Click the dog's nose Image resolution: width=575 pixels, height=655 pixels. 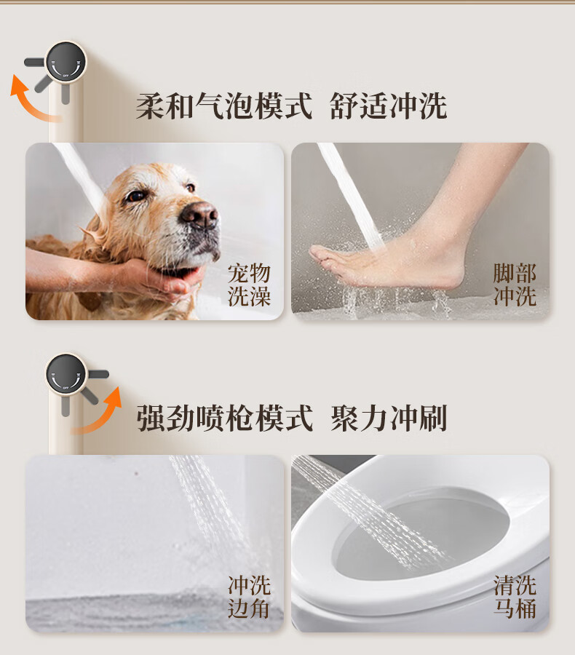(x=199, y=214)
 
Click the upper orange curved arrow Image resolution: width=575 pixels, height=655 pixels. (x=31, y=98)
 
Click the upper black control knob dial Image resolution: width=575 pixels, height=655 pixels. (x=66, y=63)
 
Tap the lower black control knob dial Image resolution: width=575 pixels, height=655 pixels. (x=66, y=374)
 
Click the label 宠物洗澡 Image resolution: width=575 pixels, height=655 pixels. (x=249, y=285)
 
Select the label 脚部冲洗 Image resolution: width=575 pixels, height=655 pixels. (x=515, y=285)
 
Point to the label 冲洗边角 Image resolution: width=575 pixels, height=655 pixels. (x=249, y=597)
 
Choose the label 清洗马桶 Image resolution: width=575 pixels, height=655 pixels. (x=515, y=597)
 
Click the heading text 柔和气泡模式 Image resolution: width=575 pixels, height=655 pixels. (x=224, y=106)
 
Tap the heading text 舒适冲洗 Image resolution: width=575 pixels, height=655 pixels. (x=389, y=106)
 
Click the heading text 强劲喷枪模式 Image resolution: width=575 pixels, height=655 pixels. (x=225, y=418)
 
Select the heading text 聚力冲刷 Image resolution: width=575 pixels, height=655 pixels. (x=389, y=418)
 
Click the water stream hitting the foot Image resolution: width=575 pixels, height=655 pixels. (x=351, y=196)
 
